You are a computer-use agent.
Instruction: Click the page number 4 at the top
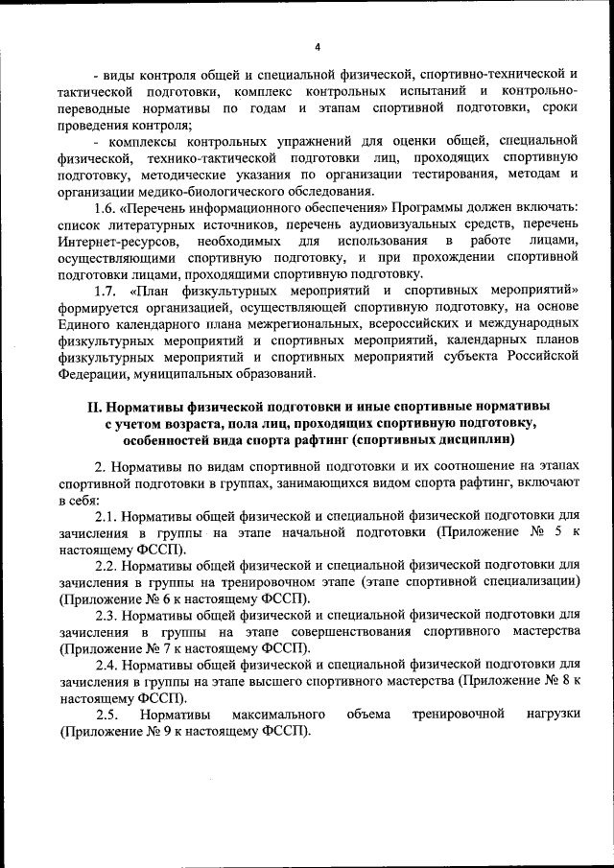click(x=318, y=47)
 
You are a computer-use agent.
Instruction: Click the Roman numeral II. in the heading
click(x=95, y=407)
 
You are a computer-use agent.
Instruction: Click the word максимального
click(x=277, y=715)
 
